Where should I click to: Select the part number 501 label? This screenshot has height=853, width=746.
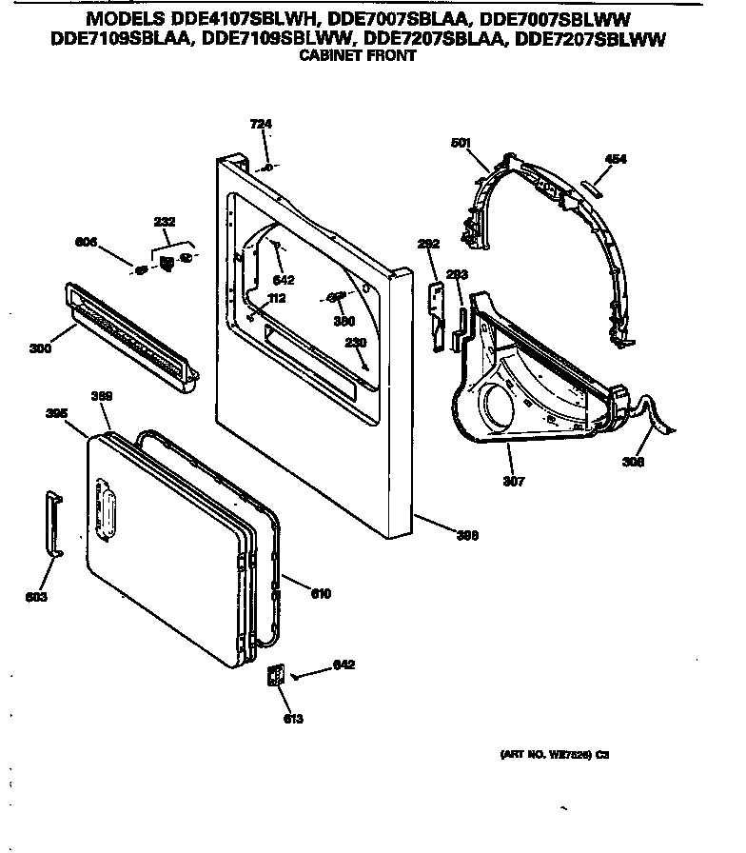pos(461,143)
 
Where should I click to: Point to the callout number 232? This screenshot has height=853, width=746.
pos(165,222)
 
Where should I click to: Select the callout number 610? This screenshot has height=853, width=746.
pos(321,594)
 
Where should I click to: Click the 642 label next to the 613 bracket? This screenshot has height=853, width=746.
pos(344,665)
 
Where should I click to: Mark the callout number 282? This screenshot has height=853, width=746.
pos(429,245)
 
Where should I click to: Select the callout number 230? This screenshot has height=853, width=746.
pos(354,342)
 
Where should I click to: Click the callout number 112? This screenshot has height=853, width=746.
pos(277,298)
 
